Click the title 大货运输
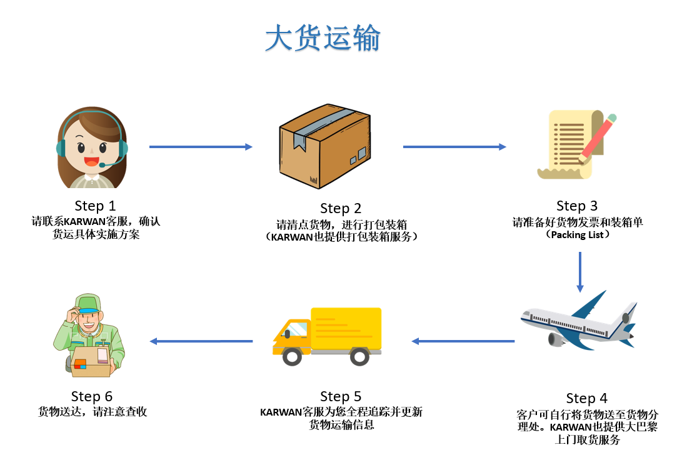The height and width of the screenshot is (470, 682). pyautogui.click(x=323, y=39)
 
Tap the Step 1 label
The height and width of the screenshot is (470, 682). pyautogui.click(x=95, y=206)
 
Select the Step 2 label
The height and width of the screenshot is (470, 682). pyautogui.click(x=341, y=208)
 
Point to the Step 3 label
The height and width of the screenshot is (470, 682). pyautogui.click(x=577, y=206)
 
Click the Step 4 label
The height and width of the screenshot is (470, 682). pyautogui.click(x=586, y=398)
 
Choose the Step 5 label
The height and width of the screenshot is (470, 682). pyautogui.click(x=341, y=396)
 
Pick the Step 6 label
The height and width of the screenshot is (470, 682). pyautogui.click(x=92, y=396)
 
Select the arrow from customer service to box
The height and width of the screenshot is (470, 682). pyautogui.click(x=201, y=147)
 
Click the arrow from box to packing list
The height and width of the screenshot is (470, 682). pyautogui.click(x=454, y=147)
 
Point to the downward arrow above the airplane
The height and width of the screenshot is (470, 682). pyautogui.click(x=580, y=272)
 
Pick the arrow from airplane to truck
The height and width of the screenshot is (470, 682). pyautogui.click(x=463, y=341)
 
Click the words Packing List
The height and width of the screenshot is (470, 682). pyautogui.click(x=577, y=235)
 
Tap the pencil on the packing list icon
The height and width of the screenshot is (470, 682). pyautogui.click(x=597, y=137)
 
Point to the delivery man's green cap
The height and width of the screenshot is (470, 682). pyautogui.click(x=86, y=304)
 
